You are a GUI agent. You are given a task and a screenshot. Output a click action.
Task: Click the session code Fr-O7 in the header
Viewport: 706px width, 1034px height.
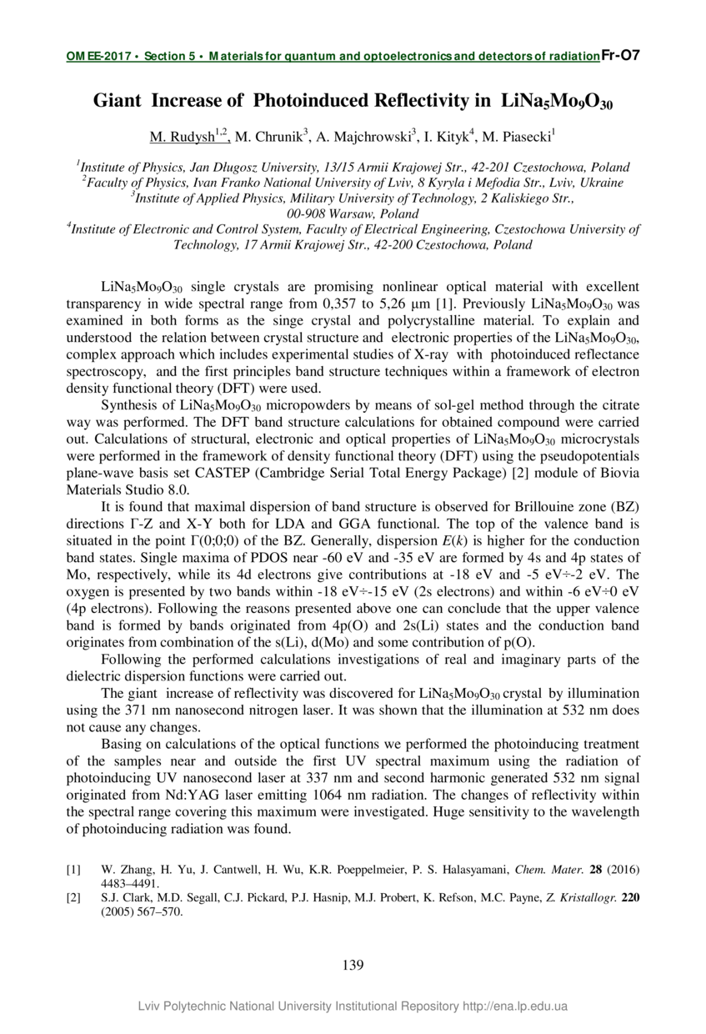[x=620, y=57]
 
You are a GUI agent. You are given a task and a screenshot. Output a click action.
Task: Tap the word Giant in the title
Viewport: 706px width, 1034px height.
[x=117, y=101]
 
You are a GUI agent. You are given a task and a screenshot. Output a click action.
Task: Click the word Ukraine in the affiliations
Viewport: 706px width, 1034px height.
[x=602, y=183]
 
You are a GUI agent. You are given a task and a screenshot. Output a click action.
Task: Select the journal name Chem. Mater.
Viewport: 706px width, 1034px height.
[x=548, y=870]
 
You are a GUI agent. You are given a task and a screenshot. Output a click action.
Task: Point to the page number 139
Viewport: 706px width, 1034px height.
[x=353, y=965]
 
